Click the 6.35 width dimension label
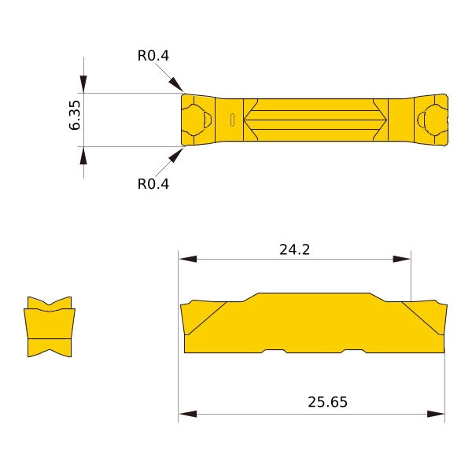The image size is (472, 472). pos(75,115)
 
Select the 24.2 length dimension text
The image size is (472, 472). pos(294,249)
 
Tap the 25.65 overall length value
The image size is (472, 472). pos(327,402)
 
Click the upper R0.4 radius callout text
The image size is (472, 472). pos(153,56)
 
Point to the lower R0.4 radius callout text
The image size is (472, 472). pos(153,184)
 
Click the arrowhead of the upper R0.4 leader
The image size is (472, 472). pos(176,84)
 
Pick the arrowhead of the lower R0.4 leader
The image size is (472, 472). pos(176,155)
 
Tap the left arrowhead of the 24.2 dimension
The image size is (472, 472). pos(188,259)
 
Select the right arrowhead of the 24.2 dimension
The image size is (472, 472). pos(401,259)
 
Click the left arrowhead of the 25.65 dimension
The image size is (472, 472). pos(188,414)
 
